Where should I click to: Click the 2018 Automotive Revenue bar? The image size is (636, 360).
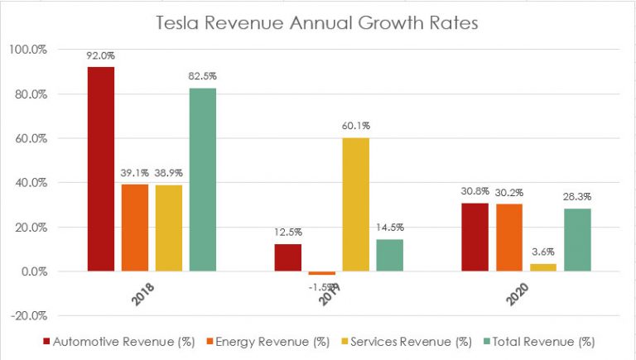pyautogui.click(x=100, y=169)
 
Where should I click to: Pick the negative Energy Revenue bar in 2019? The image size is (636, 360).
pyautogui.click(x=321, y=273)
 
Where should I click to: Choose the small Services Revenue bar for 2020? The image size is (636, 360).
pyautogui.click(x=542, y=267)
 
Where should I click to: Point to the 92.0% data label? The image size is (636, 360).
pyautogui.click(x=99, y=56)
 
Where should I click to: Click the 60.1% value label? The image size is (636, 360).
pyautogui.click(x=355, y=127)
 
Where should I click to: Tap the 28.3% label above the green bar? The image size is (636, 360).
pyautogui.click(x=577, y=198)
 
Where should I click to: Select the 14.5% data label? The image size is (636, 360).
pyautogui.click(x=389, y=228)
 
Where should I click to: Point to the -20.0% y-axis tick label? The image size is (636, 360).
pyautogui.click(x=28, y=315)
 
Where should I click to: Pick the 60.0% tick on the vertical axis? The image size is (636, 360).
pyautogui.click(x=28, y=138)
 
